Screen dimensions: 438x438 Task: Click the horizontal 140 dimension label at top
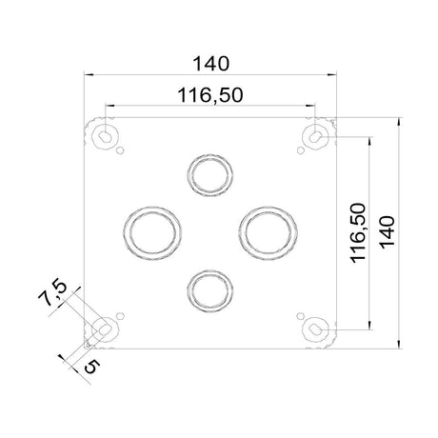[x=210, y=64]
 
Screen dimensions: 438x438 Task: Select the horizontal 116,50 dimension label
[x=210, y=95]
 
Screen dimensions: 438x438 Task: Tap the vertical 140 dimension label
[x=388, y=232]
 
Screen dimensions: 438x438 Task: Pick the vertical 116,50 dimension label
[x=358, y=232]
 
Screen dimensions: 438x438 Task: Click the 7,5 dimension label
[x=52, y=292]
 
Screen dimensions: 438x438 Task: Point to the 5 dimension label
[x=92, y=368]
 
